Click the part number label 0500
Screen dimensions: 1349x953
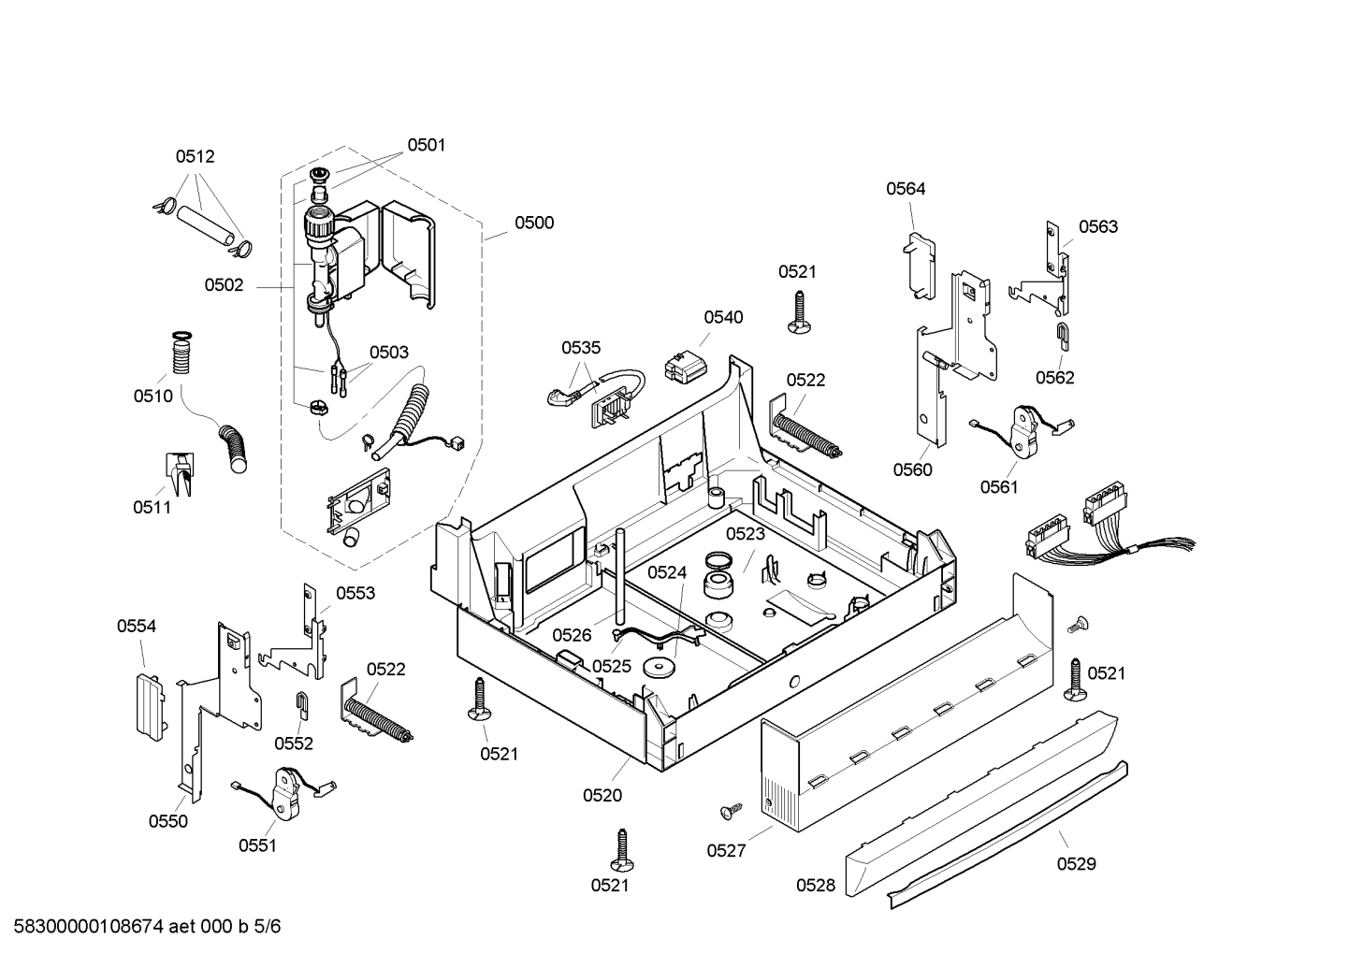point(533,223)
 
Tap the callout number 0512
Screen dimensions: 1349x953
point(195,156)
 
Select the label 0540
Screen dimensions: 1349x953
point(723,317)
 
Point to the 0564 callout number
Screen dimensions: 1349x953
point(906,189)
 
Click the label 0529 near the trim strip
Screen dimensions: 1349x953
point(1076,864)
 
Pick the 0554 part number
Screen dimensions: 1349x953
point(136,626)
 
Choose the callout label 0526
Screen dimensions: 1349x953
point(572,635)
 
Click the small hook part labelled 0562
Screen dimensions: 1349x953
point(1064,336)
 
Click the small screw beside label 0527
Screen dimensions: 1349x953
point(732,811)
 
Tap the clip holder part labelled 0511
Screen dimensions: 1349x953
point(180,474)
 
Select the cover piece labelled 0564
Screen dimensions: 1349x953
point(919,266)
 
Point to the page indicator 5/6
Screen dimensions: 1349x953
point(268,927)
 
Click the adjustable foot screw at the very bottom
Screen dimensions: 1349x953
point(622,849)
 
